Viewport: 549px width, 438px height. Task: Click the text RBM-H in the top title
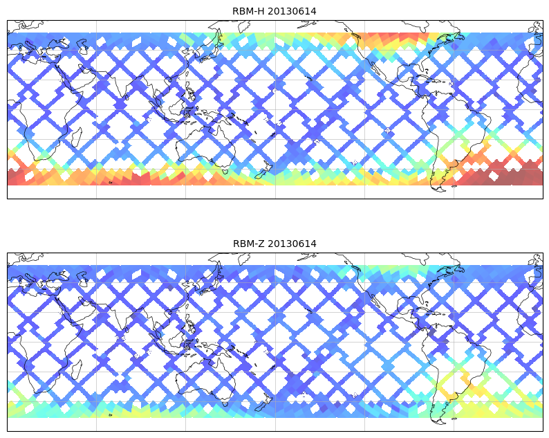248,11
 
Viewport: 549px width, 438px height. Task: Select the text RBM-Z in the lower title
248,244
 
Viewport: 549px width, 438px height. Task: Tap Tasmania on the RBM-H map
224,171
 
